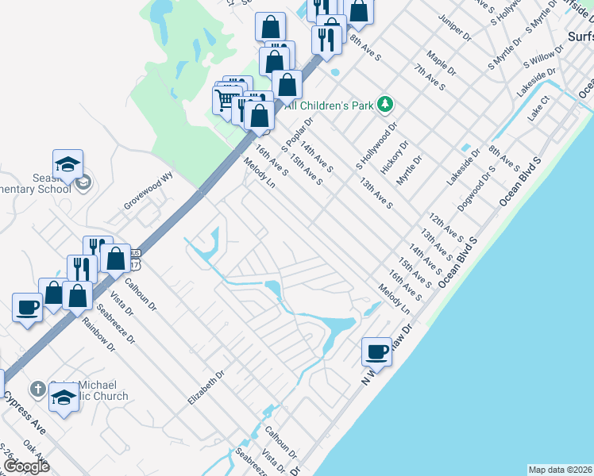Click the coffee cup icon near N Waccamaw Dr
point(376,351)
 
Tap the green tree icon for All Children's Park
point(385,104)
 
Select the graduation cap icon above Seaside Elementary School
point(67,164)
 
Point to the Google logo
point(26,466)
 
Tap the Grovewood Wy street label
point(148,192)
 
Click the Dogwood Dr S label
point(476,189)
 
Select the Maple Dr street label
point(442,64)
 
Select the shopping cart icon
point(225,99)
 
